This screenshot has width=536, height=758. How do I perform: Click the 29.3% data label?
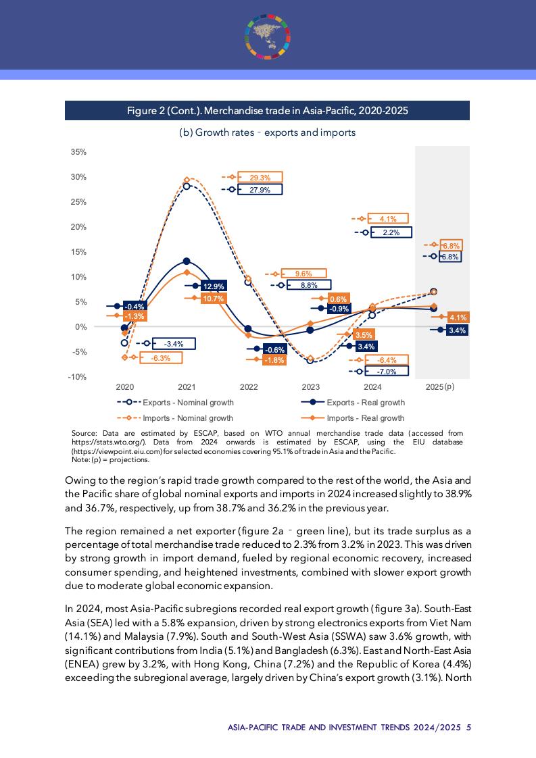(x=260, y=178)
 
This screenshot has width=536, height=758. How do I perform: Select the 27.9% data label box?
(x=260, y=190)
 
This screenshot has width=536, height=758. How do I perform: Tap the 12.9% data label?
(x=214, y=286)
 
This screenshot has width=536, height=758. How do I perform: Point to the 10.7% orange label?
(x=214, y=298)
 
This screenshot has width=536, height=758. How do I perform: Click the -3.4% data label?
(x=174, y=344)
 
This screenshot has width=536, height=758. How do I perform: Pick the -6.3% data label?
(x=160, y=358)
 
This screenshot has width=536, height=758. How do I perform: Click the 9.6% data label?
(x=303, y=274)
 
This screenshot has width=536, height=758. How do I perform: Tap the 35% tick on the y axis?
(x=78, y=152)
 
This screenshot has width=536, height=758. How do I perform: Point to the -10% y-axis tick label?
(x=77, y=377)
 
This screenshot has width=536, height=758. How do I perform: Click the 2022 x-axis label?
(x=249, y=388)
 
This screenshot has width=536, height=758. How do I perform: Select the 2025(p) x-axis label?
(x=440, y=388)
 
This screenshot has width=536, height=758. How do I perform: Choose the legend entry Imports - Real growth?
(x=365, y=418)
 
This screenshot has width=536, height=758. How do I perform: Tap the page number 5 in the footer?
(x=468, y=728)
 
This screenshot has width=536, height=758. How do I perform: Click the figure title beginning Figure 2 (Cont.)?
(x=267, y=111)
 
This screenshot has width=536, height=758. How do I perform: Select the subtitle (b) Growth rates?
(x=267, y=132)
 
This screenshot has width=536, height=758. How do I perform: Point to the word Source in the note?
(x=84, y=433)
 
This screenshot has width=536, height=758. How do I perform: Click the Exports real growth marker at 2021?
(x=187, y=261)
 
